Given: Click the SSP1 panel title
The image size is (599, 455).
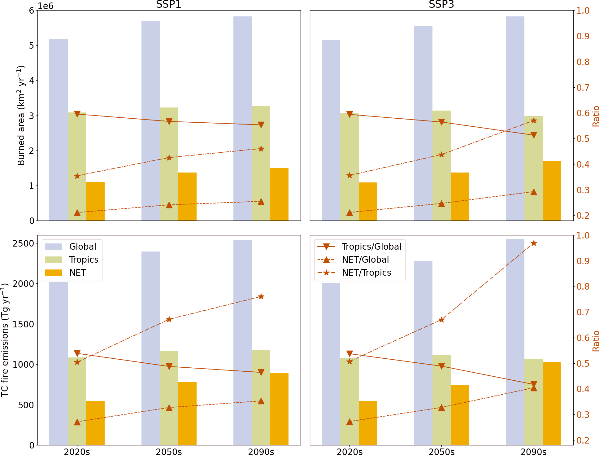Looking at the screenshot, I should coord(169,5).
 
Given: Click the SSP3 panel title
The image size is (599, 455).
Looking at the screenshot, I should coord(441,5).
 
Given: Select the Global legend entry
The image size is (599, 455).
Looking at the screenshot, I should coord(83,247).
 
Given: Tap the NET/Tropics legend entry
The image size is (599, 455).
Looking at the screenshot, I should coord(366,273).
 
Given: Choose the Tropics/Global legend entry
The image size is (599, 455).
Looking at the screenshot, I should coord(371,247).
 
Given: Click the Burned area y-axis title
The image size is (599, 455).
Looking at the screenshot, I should coord(21,115).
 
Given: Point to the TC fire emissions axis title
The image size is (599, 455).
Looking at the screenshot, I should coord(5,340).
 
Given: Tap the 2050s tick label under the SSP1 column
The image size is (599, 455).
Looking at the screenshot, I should coord(169,452).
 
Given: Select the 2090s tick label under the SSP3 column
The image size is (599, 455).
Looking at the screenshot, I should coord(533,452).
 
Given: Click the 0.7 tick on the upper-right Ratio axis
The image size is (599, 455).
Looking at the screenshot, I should coord(583,88).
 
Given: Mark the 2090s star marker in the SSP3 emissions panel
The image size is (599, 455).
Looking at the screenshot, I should coord(534,243).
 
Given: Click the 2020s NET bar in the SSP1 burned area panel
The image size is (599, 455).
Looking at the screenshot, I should coord(95,201).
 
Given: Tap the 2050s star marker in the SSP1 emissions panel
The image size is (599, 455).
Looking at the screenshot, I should coord(169,319).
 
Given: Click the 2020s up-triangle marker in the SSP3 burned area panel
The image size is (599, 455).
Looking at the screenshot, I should coord(350,212).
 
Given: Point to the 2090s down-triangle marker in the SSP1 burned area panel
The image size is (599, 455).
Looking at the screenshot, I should coord(261,125).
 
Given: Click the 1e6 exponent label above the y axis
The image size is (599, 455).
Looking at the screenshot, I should coord(45,6).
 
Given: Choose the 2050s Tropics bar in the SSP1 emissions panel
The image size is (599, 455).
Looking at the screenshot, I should coord(169,398).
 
